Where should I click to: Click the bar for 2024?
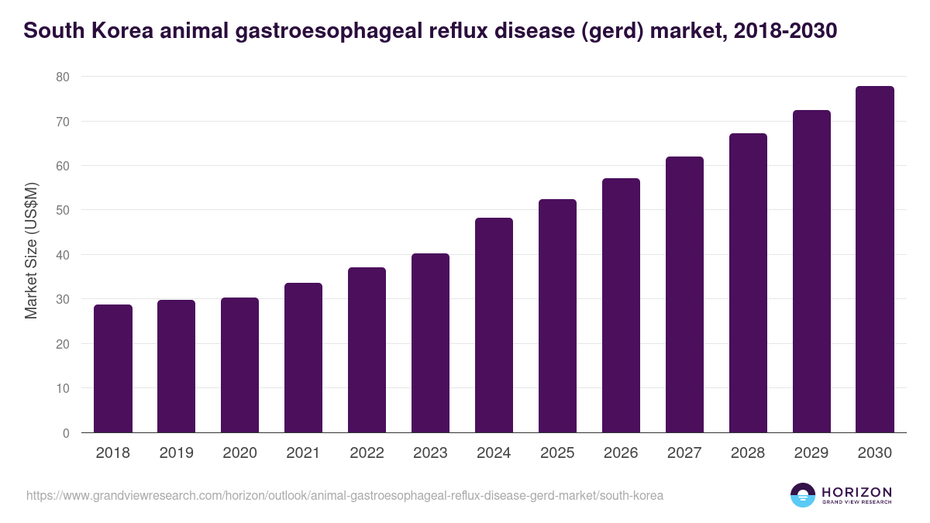[x=494, y=325]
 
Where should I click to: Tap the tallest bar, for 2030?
[x=875, y=260]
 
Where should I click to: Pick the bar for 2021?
[x=304, y=358]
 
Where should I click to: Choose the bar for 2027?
[x=684, y=294]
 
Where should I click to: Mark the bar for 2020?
[x=240, y=365]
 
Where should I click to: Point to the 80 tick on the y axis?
[x=63, y=77]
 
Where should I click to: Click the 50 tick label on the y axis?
[x=63, y=211]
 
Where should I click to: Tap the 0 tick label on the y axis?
[x=66, y=433]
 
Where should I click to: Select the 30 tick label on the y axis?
[x=63, y=300]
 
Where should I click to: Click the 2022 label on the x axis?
[x=367, y=453]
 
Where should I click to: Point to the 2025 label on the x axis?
[x=557, y=453]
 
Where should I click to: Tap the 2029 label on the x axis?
[x=811, y=453]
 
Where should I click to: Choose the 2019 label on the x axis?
[x=177, y=453]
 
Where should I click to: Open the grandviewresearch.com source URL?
[x=345, y=495]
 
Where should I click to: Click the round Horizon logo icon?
[x=802, y=495]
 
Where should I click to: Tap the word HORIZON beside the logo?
[x=856, y=492]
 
